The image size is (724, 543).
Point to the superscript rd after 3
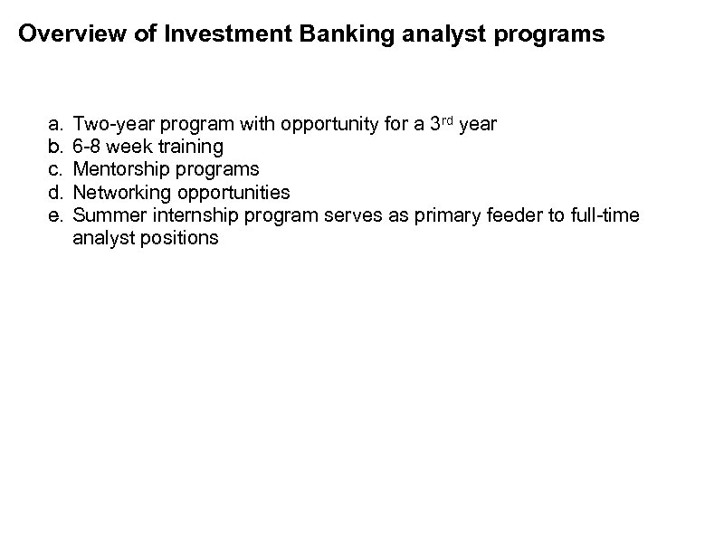tap(446, 118)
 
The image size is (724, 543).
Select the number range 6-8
tap(88, 146)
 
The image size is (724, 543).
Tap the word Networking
tap(119, 193)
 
